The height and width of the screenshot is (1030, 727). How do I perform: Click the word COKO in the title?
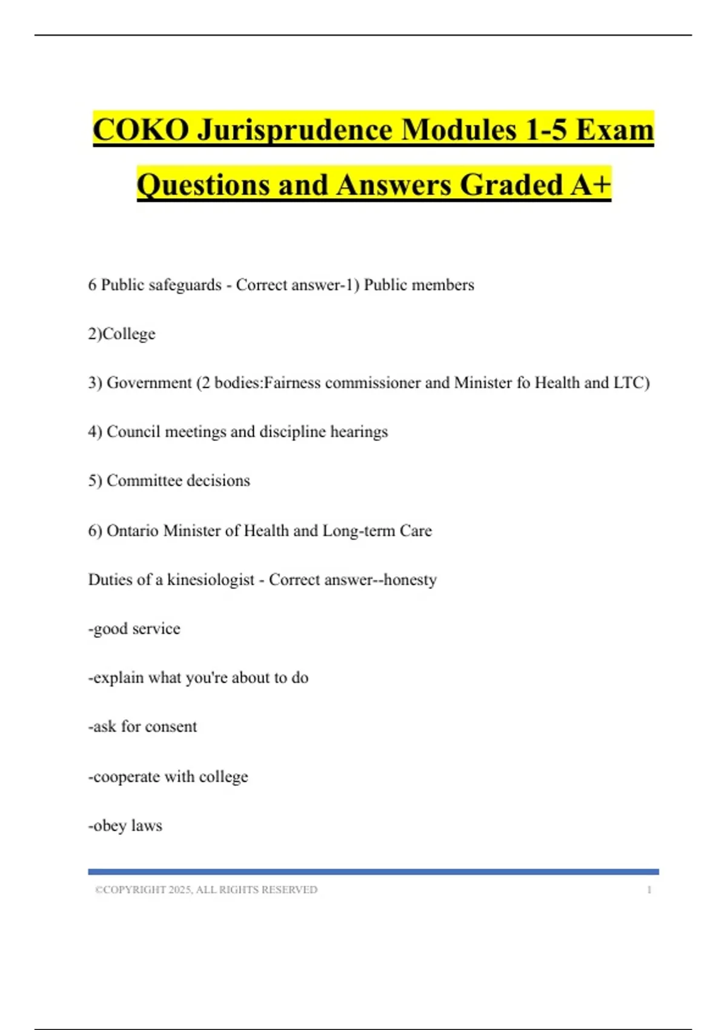coord(141,130)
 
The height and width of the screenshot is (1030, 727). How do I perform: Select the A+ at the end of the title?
coord(591,185)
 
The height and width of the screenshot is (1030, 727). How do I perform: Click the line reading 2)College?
coord(122,334)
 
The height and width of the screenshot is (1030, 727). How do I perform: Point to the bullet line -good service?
coord(134,629)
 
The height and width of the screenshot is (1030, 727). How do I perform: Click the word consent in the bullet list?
coord(171,726)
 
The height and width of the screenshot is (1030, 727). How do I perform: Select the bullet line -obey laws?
coord(125,826)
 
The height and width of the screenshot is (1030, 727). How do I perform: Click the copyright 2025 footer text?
coord(206,889)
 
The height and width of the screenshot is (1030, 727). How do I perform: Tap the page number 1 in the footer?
coord(649,889)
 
